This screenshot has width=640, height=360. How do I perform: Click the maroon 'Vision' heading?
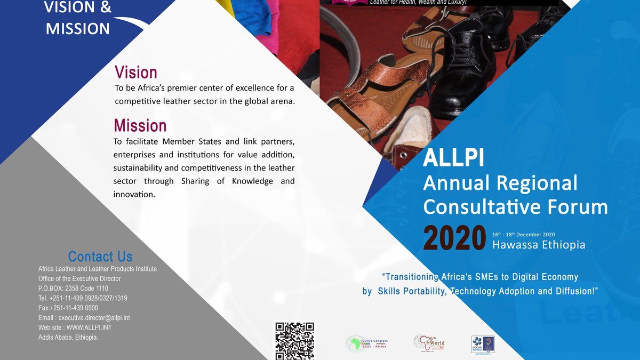tap(136, 73)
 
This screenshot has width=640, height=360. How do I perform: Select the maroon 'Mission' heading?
tap(140, 126)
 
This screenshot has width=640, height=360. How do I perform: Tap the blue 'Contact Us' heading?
tap(100, 257)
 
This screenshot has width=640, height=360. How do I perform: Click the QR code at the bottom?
tap(294, 340)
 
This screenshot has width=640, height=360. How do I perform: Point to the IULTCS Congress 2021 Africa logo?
tap(366, 343)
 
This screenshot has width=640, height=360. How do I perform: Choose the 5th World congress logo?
tap(429, 343)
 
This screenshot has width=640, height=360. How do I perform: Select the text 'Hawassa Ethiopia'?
tap(539, 245)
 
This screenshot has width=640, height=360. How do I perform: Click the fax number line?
tap(68, 308)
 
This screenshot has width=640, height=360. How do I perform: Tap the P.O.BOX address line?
tap(73, 289)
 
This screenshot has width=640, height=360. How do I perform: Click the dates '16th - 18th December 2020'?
tap(524, 235)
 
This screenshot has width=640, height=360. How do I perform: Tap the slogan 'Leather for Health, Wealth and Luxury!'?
tap(418, 3)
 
